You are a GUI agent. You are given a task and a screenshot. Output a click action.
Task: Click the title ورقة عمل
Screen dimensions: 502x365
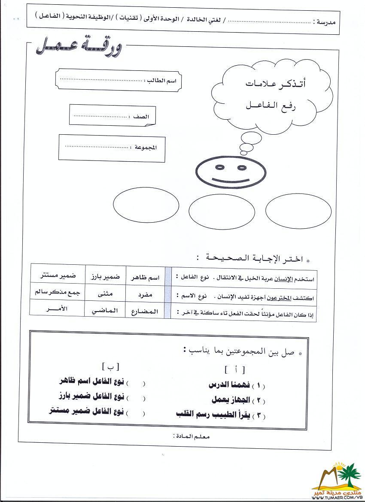79,46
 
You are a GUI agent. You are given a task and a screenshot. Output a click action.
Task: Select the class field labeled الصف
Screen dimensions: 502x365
112,116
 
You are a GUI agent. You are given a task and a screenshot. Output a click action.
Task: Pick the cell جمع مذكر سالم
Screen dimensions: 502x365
57,292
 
